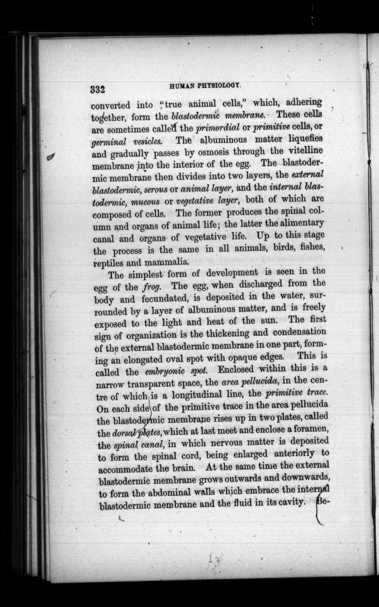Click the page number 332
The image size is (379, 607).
point(98,89)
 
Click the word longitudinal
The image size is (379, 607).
point(200,395)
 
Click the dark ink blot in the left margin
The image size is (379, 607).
point(51,157)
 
